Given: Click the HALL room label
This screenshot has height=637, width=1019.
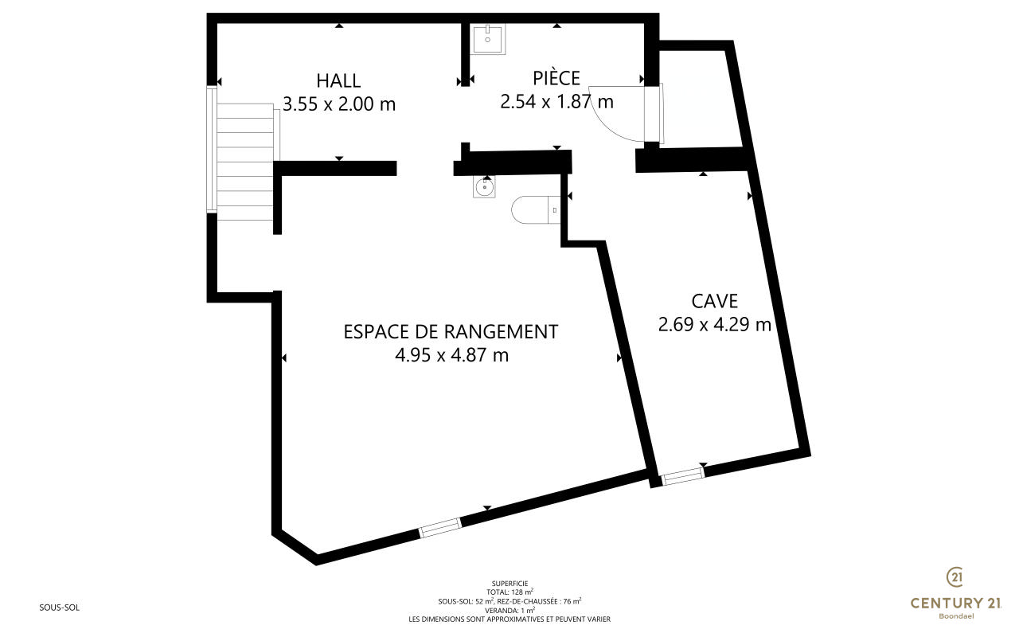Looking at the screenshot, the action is (x=338, y=81).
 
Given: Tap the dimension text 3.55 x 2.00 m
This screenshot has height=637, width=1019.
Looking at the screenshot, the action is (x=339, y=104).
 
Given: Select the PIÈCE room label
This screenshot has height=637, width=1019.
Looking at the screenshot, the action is (x=556, y=77).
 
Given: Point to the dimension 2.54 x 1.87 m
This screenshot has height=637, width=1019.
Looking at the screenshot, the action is (x=556, y=101).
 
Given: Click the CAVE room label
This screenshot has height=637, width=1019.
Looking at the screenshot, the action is (x=715, y=301).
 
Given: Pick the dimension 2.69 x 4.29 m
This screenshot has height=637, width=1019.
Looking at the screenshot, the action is (x=715, y=324).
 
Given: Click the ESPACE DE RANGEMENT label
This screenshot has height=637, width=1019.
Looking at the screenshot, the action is (x=451, y=332).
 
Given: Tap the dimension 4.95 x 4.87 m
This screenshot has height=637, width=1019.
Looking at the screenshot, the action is (x=451, y=355).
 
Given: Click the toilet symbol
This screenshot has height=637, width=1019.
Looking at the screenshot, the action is (x=536, y=209).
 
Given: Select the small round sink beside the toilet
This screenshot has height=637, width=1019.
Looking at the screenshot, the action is (x=484, y=186).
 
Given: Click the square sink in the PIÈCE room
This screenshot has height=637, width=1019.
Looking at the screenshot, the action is (x=488, y=39).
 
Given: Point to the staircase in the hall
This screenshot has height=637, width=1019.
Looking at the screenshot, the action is (x=244, y=162).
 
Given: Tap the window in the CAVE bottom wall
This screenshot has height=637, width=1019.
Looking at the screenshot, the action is (x=682, y=476).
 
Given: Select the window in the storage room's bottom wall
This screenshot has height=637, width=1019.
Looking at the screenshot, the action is (x=440, y=528).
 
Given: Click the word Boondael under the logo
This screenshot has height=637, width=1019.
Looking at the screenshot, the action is (x=956, y=616).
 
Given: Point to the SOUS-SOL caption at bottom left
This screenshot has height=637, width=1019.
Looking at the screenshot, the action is (x=59, y=608).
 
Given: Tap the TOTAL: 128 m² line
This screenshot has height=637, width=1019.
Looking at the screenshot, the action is (x=509, y=592).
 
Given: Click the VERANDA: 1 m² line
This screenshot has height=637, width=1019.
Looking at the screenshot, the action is (x=509, y=610).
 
